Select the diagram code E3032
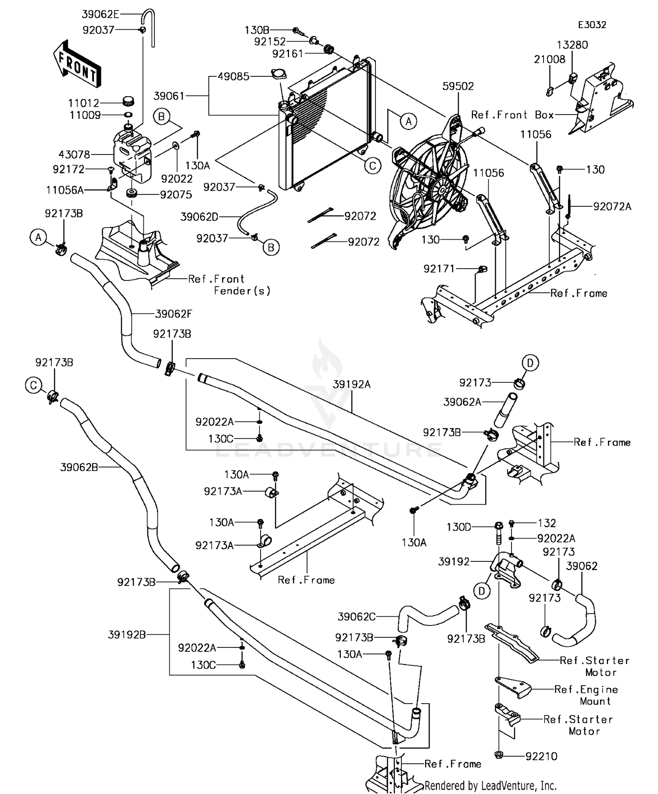click(x=592, y=25)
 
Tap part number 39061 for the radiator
click(x=169, y=96)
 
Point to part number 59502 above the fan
click(x=458, y=86)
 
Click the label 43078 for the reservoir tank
click(x=74, y=154)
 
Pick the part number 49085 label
click(x=233, y=76)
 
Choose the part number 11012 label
click(x=84, y=103)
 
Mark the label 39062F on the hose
click(x=174, y=314)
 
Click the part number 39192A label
click(x=351, y=384)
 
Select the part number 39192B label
click(x=127, y=634)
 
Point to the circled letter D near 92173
click(x=530, y=363)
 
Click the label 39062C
click(x=356, y=617)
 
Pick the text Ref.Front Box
click(x=512, y=115)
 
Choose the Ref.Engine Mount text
click(x=586, y=695)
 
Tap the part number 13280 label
click(x=572, y=45)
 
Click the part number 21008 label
click(x=549, y=59)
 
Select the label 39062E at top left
click(x=100, y=14)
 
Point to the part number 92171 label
click(x=439, y=269)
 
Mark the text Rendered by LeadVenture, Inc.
click(x=490, y=786)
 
